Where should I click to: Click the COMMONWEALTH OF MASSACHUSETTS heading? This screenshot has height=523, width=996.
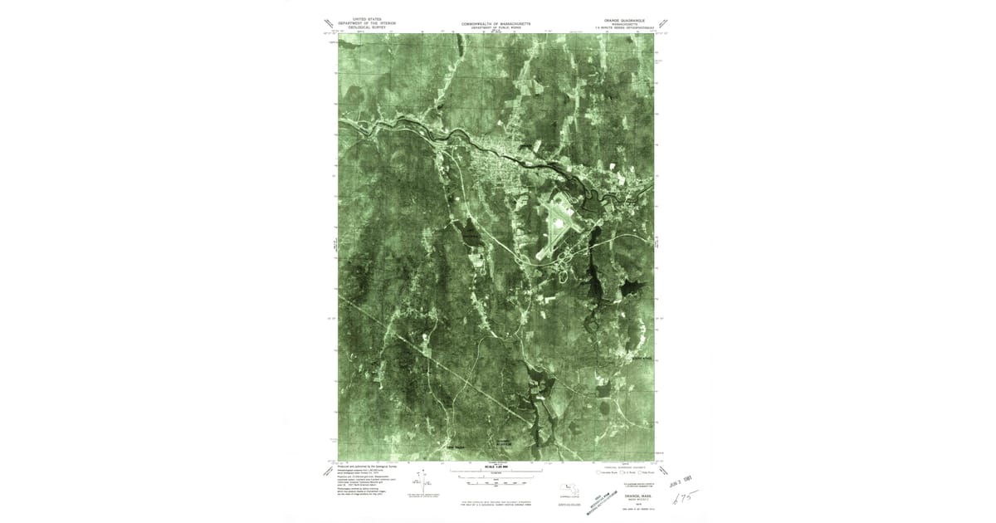(x=496, y=24)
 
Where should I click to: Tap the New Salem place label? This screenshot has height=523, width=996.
(x=456, y=449)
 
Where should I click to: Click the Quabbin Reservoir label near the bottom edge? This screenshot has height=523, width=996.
(x=507, y=443)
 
